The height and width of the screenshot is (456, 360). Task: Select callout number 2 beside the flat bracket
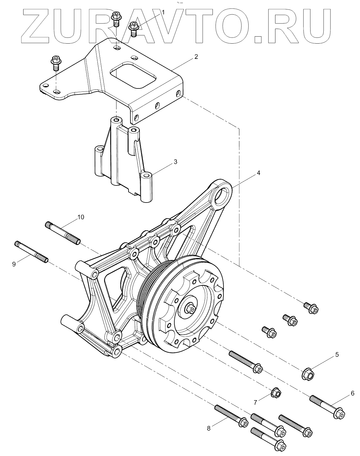pos(196,57)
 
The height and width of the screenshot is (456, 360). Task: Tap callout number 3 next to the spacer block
pos(175,162)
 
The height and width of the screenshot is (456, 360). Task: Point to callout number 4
pos(258,173)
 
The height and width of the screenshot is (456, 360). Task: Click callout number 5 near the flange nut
pos(337,354)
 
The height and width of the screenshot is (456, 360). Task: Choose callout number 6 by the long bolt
pos(352,393)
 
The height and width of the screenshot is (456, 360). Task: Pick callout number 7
pos(255,402)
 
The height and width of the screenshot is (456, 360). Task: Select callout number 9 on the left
pos(14,264)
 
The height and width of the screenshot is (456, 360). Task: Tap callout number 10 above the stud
pos(81,217)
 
